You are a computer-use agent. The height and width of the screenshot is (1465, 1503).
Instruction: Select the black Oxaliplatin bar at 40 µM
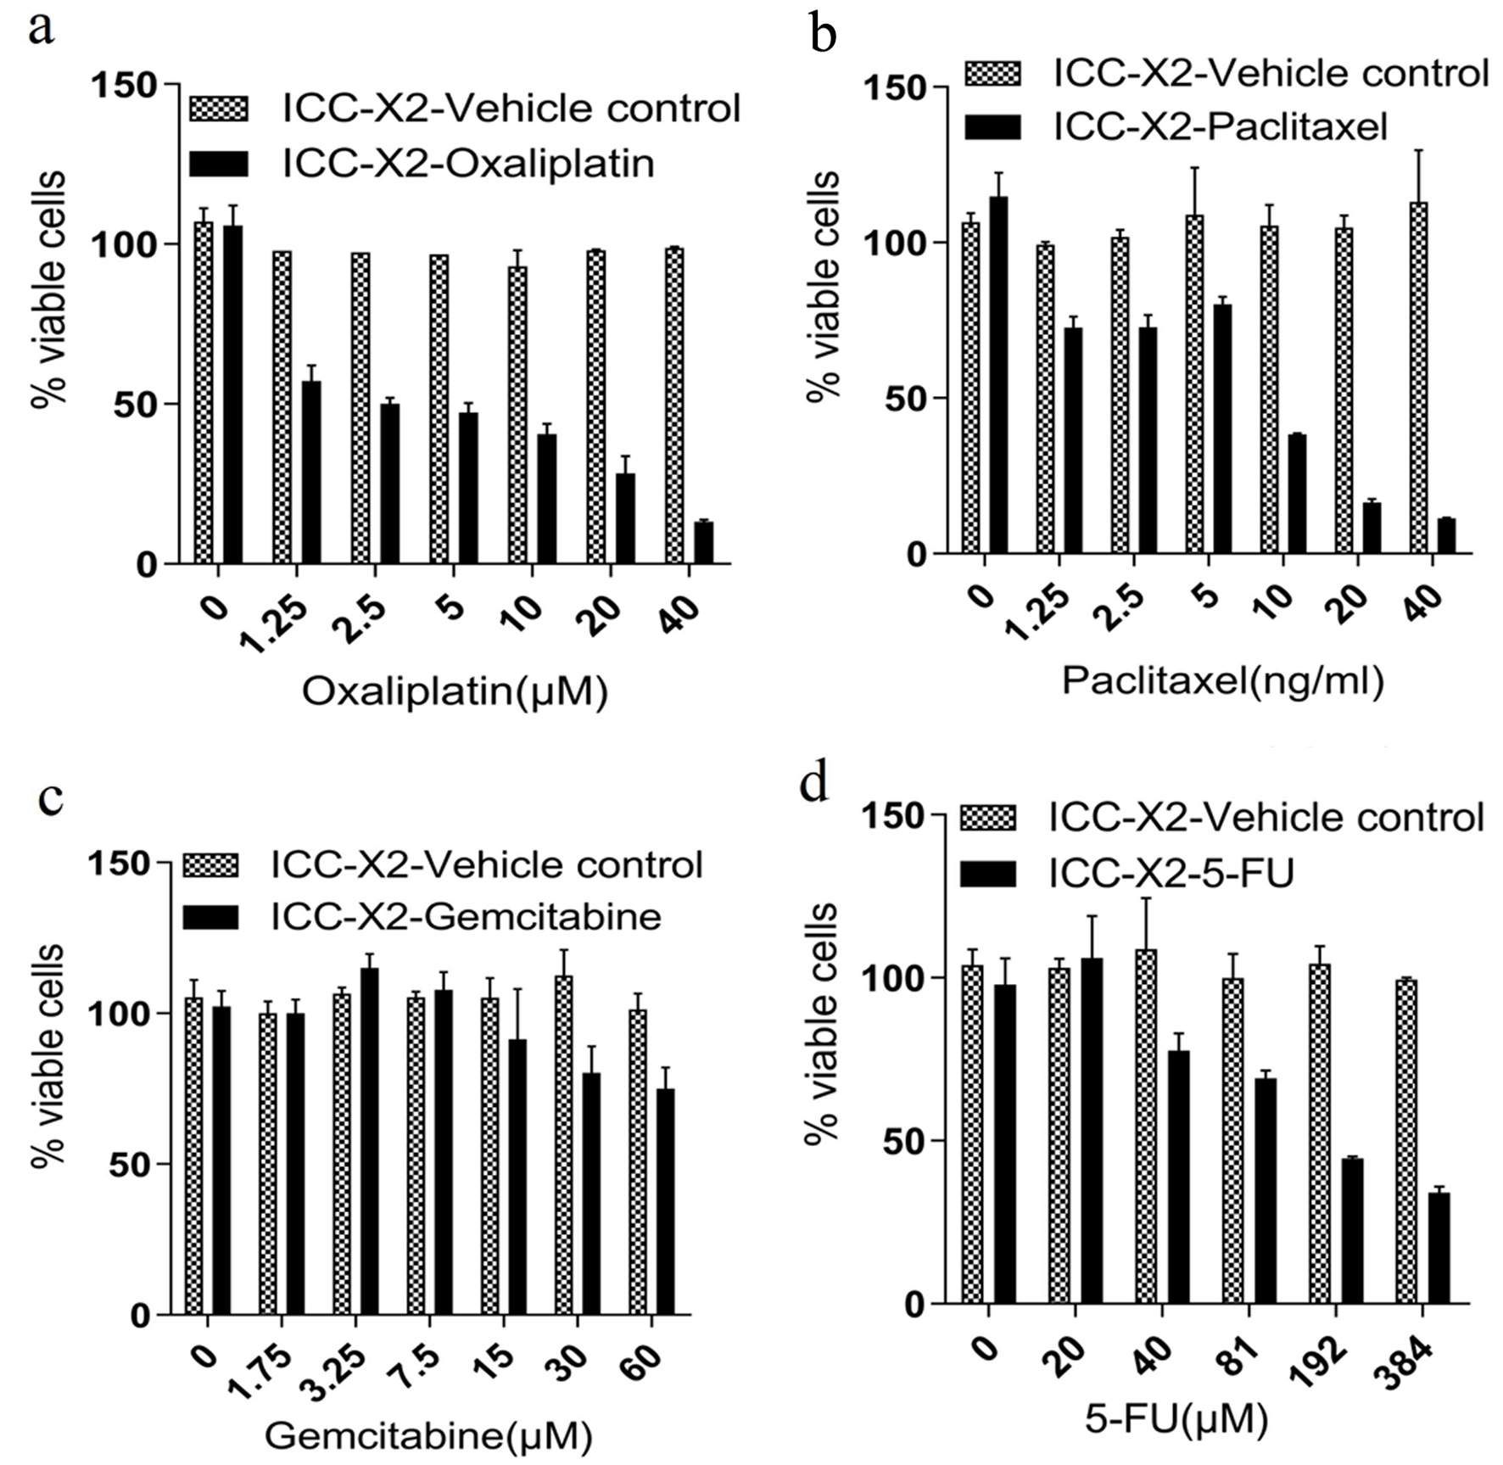coord(703,542)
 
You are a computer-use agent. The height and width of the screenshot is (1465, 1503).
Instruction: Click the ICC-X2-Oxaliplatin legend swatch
coord(219,164)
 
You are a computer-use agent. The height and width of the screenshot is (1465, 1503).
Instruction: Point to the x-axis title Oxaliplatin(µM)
coord(455,692)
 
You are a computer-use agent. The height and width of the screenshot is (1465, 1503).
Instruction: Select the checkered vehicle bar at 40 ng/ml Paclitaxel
coord(1417,378)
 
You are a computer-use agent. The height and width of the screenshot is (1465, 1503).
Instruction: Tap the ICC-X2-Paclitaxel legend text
coord(1221,127)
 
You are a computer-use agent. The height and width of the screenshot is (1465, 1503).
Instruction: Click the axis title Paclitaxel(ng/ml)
coord(1222,680)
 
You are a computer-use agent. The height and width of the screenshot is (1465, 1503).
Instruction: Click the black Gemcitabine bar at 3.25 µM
coord(369,1142)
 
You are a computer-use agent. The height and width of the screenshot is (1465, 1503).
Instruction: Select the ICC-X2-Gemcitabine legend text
coord(466,916)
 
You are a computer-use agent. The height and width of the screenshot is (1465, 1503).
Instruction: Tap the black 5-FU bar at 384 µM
coord(1439,1248)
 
